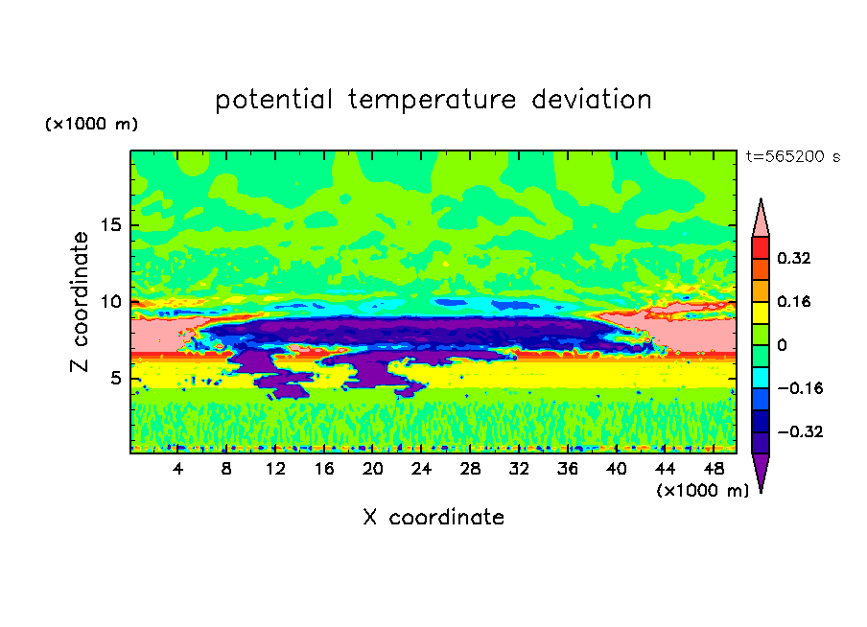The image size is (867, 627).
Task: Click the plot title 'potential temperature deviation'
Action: [433, 101]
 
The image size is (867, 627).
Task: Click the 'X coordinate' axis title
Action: [433, 518]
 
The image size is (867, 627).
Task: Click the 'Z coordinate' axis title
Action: [81, 302]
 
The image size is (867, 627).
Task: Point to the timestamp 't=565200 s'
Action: [792, 157]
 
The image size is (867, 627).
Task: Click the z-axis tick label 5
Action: [112, 379]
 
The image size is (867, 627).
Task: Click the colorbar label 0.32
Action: [794, 258]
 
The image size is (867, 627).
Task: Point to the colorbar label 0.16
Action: [794, 301]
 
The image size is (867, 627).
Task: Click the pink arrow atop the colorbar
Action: [760, 219]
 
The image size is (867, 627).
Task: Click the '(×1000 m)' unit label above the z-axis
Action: [91, 125]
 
